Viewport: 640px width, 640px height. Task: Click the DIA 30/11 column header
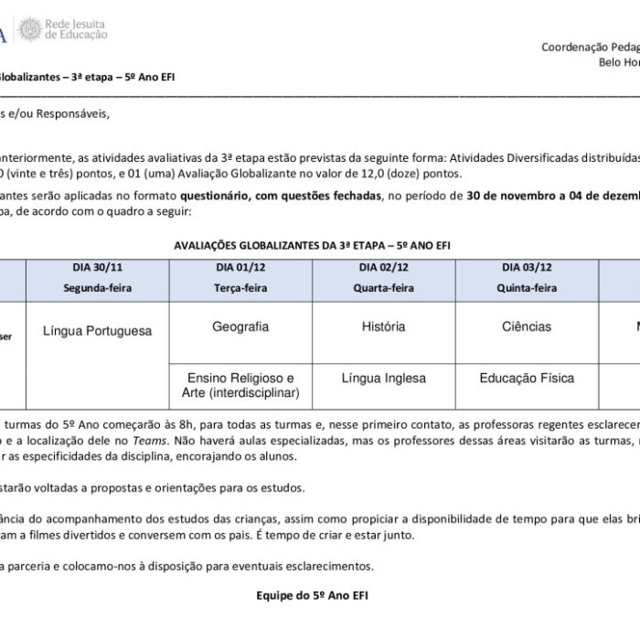pyautogui.click(x=97, y=267)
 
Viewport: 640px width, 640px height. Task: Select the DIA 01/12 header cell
pyautogui.click(x=240, y=267)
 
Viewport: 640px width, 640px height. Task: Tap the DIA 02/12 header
pyautogui.click(x=384, y=267)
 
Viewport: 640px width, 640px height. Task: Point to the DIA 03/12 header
pyautogui.click(x=527, y=267)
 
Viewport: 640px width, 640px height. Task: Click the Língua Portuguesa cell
pyautogui.click(x=97, y=332)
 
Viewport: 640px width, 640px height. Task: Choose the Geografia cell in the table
pyautogui.click(x=240, y=326)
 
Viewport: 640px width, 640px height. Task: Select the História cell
pyautogui.click(x=384, y=326)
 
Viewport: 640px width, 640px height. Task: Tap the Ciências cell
pyautogui.click(x=527, y=326)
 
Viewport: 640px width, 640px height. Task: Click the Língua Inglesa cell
pyautogui.click(x=384, y=377)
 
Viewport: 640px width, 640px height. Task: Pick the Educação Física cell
pyautogui.click(x=527, y=377)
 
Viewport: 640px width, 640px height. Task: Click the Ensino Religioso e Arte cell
pyautogui.click(x=240, y=385)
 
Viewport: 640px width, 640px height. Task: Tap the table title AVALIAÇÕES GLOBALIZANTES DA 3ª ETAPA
pyautogui.click(x=312, y=245)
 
